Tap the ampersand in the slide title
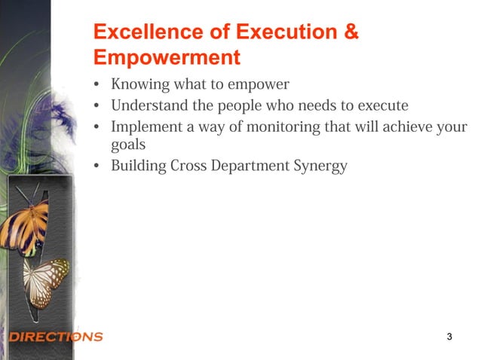(350, 32)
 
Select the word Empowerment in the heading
(166, 57)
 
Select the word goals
(128, 145)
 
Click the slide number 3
(449, 336)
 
